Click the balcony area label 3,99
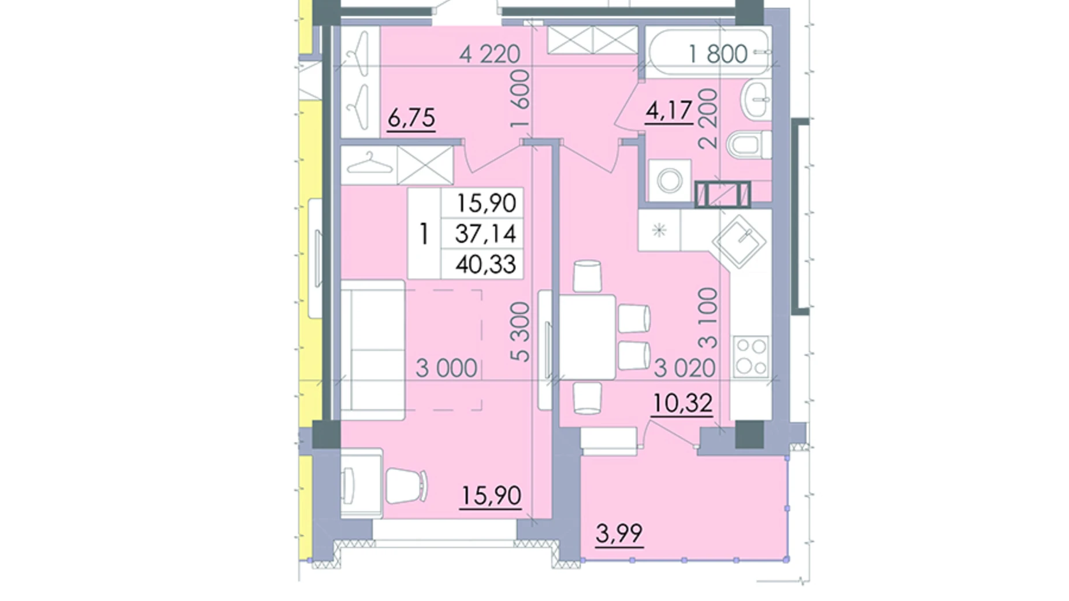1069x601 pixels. point(619,533)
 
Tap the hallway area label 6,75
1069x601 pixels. point(411,118)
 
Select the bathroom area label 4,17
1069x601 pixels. point(669,110)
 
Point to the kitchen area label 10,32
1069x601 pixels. point(682,403)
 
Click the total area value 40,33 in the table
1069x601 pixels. point(485,264)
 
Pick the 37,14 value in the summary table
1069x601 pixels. point(485,233)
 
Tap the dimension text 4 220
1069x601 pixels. point(489,54)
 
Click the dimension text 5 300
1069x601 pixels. point(521,332)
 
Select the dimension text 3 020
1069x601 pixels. point(684,368)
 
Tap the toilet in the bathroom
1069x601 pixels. point(749,144)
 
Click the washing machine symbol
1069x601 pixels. point(670,180)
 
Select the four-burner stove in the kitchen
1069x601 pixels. point(751,356)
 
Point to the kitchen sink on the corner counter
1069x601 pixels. point(739,240)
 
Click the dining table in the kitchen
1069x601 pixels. point(587,336)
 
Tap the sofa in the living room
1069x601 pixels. point(373,350)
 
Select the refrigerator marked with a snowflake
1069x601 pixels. point(659,231)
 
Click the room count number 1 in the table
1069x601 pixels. point(424,234)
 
